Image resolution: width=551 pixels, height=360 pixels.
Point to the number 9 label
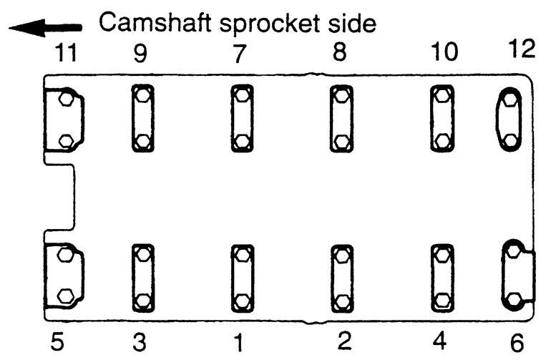(140, 54)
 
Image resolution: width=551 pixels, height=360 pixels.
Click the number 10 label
(444, 54)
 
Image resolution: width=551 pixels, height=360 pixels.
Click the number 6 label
(517, 341)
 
